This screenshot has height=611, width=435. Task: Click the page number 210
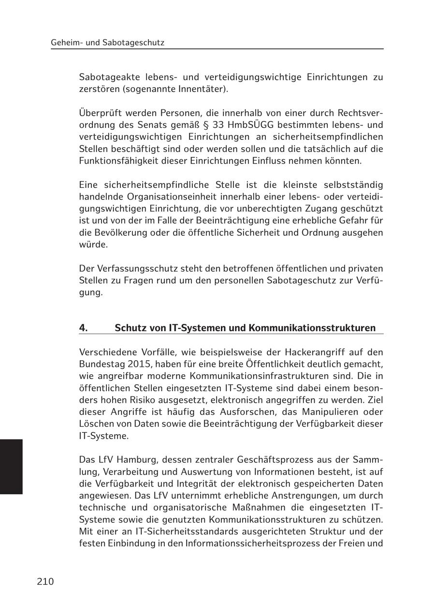coord(45,581)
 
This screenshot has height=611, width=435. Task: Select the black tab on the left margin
coord(11,466)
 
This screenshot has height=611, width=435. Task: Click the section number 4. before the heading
coord(84,328)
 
